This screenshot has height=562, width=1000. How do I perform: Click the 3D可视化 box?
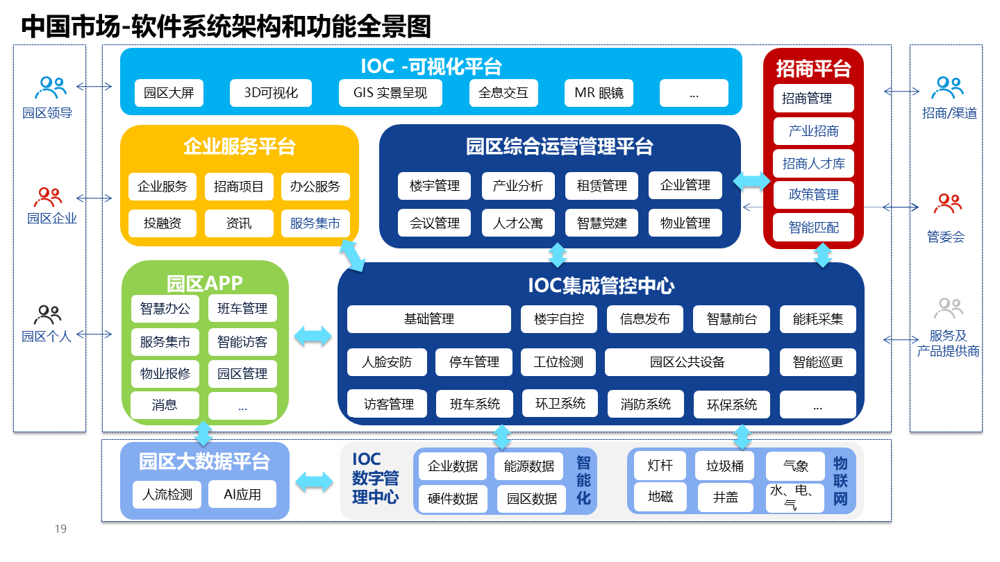[271, 93]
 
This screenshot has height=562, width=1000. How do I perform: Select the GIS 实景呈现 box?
[390, 93]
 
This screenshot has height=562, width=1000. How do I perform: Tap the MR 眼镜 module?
[599, 93]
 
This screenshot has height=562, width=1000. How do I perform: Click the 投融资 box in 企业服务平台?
[162, 223]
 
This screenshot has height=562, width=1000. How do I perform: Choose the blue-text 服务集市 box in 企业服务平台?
[315, 223]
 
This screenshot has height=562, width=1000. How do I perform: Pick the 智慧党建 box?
[601, 223]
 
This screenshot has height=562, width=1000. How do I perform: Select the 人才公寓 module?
[518, 223]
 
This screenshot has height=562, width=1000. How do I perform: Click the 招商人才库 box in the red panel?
[814, 164]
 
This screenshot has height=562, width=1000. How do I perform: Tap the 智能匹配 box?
[814, 228]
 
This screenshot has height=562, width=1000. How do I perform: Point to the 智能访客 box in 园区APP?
[242, 342]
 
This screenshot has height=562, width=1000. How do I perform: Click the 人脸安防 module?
[387, 362]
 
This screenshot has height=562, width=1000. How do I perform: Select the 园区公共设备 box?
[687, 362]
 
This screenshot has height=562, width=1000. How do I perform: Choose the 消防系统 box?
[646, 405]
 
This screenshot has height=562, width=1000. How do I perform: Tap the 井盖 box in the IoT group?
[726, 497]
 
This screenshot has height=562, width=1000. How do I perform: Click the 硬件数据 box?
[453, 499]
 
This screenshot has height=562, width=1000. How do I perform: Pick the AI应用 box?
[242, 495]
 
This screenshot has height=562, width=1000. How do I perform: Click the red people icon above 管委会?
[947, 204]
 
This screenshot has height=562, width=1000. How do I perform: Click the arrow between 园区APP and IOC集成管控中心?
[313, 337]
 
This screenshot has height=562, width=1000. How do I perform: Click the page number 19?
[60, 529]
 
